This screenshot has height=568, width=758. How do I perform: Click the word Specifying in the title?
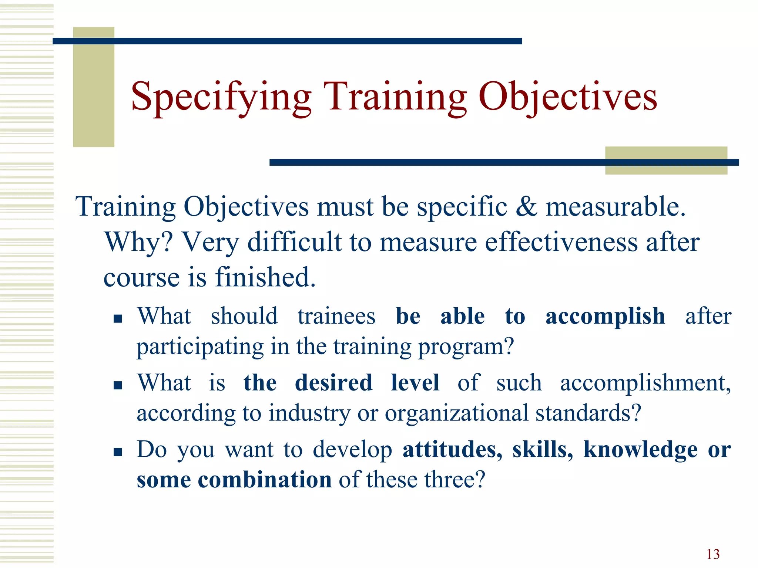coord(221,97)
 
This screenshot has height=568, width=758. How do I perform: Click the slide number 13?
coord(713,554)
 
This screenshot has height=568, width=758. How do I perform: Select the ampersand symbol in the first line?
coord(526,207)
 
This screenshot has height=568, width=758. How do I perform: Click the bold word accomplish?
coord(605,317)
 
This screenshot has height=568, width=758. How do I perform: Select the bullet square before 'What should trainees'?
coord(118,319)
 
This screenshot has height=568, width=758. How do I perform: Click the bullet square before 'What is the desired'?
coord(118,386)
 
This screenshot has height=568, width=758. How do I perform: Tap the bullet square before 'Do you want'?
coord(118,452)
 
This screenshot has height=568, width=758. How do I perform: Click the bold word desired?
coord(333,383)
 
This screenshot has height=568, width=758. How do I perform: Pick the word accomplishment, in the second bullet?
coord(645,383)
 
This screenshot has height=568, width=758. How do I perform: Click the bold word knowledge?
coord(640,450)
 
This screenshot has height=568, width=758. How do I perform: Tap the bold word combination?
coord(265,480)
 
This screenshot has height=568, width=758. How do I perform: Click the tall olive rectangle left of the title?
coord(94,87)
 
